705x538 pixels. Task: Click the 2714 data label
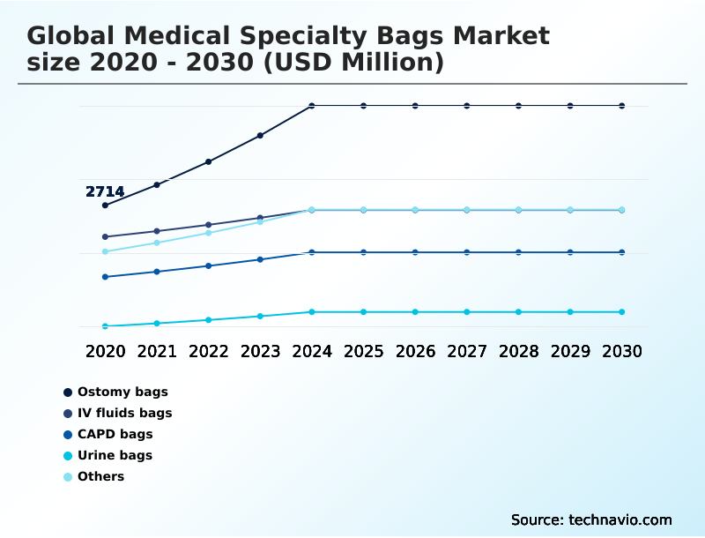(x=105, y=191)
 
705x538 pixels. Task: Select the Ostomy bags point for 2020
(x=105, y=205)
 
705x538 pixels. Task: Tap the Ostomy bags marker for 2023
(x=260, y=136)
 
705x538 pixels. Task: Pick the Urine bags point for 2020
(x=105, y=326)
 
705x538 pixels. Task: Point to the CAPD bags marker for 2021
(x=157, y=272)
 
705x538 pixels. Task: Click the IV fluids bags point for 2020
(x=105, y=236)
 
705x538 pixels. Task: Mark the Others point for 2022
(x=209, y=233)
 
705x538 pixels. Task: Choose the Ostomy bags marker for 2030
(x=622, y=106)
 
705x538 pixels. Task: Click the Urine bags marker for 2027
(x=467, y=312)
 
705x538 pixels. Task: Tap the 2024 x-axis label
(x=312, y=351)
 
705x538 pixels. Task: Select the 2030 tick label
(x=622, y=351)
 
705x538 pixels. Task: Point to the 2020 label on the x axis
(x=105, y=351)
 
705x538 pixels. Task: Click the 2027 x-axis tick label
(x=467, y=351)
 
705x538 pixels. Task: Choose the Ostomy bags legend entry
(x=122, y=392)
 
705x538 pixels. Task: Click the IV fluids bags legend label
(x=124, y=413)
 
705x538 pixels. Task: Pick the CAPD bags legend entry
(x=115, y=434)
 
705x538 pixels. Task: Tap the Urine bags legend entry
(x=115, y=455)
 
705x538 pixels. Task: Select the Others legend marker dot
(x=68, y=476)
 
